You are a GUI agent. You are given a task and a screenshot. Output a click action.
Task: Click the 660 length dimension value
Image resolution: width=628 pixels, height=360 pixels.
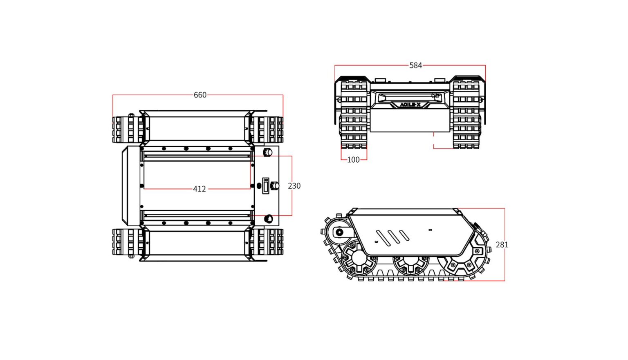(200, 95)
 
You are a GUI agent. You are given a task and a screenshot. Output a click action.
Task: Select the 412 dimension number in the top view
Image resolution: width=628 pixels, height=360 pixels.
(199, 189)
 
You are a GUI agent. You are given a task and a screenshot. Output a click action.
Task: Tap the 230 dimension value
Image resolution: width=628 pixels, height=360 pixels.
(294, 186)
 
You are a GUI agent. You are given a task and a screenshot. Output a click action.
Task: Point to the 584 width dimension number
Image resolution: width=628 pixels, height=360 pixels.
(415, 65)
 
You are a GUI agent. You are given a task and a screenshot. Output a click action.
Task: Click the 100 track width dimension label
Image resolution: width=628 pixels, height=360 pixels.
(353, 160)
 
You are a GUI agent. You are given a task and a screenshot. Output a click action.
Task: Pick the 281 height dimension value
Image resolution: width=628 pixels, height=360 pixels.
(502, 245)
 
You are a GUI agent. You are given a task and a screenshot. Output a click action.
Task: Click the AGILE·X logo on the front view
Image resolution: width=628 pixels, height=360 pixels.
(410, 105)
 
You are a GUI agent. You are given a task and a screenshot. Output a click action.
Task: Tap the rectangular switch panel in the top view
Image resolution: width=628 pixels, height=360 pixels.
(266, 186)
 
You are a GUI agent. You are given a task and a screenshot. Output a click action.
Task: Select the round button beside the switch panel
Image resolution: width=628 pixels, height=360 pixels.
(275, 186)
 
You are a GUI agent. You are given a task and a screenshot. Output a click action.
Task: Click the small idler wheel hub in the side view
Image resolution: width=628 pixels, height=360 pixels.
(339, 233)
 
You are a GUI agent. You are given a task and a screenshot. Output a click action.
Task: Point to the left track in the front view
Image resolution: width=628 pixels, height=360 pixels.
(354, 114)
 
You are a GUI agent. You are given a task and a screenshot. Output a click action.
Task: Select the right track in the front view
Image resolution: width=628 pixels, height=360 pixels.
(466, 114)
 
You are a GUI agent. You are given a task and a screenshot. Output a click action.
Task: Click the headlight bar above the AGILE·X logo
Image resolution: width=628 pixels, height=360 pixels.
(409, 98)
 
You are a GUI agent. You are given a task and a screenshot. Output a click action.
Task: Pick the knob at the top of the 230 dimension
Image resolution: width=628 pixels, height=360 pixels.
(268, 152)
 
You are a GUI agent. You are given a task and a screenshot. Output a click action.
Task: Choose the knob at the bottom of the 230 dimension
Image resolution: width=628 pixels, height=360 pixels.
(269, 219)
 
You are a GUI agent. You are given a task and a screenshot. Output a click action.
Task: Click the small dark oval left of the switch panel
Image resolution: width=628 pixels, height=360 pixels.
(259, 186)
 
